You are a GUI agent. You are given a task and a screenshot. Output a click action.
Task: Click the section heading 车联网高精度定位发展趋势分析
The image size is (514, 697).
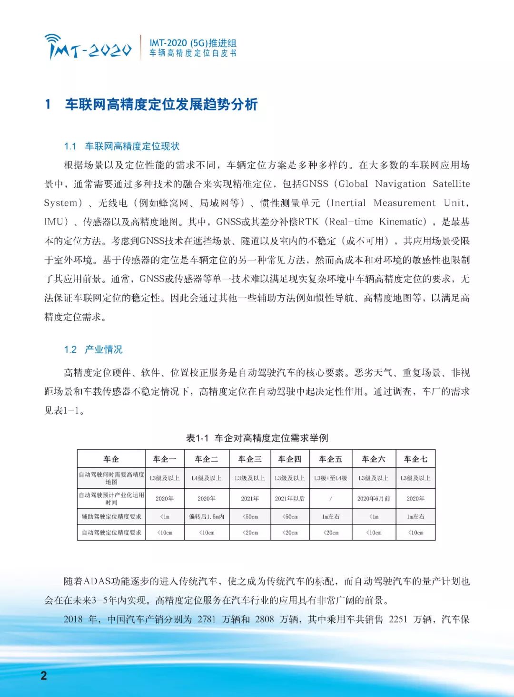pos(161,105)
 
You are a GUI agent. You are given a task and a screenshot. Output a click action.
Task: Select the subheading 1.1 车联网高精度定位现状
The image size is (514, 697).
pos(122,146)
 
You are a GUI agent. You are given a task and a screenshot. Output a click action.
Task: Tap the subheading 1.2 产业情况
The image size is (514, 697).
pos(93,349)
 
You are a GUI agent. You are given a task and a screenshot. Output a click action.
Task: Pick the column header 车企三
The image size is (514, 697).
pos(249,459)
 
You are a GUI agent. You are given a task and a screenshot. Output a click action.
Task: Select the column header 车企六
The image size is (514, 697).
pos(374,459)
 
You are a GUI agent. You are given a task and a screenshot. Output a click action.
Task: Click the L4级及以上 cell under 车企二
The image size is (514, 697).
pos(207,478)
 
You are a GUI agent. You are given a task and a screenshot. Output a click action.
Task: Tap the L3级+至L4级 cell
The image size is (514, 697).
pos(331,478)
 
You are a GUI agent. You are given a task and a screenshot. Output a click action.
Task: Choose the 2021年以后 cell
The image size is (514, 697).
pos(290,498)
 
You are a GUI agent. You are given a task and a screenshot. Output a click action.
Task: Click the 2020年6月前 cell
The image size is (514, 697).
pos(374,498)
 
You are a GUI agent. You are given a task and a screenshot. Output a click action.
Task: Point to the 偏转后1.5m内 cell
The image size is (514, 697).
pos(207,516)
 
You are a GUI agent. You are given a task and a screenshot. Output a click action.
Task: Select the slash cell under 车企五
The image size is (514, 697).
pos(331,498)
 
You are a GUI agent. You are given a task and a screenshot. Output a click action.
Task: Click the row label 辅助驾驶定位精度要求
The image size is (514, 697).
pos(111,516)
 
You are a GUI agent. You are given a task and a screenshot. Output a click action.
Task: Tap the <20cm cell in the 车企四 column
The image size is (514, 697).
pos(290,532)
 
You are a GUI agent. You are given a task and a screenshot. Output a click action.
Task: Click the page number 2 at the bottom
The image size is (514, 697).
pos(44,676)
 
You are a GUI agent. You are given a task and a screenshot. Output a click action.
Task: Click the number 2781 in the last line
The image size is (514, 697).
pos(207,619)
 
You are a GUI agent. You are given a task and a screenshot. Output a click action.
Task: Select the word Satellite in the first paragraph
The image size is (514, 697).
pos(451,184)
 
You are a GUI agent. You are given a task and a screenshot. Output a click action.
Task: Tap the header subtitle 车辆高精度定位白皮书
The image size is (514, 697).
pos(193,53)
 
